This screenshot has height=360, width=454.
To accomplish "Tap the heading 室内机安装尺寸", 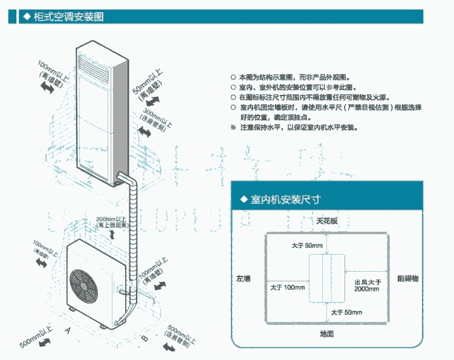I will (x=281, y=199).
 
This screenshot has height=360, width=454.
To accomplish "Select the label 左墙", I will (x=244, y=278).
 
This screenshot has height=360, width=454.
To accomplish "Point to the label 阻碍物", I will (x=407, y=278).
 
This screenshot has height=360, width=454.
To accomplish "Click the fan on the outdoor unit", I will (x=85, y=284).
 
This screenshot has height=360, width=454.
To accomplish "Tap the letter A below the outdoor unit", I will (x=68, y=330).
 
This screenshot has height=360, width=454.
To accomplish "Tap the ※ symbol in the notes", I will (x=234, y=128).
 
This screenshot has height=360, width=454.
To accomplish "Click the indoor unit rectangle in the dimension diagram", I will (x=327, y=278).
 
